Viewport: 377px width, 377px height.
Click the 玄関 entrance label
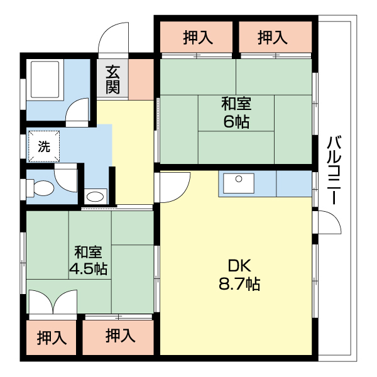tap(112, 80)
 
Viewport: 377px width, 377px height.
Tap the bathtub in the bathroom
tap(45, 80)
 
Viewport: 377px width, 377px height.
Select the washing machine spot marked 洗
tap(44, 146)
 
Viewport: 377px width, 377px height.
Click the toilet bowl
tap(41, 188)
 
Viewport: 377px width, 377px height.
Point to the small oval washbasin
tap(96, 197)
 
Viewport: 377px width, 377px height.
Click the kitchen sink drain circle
tap(239, 179)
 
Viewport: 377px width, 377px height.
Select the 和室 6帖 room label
tap(236, 112)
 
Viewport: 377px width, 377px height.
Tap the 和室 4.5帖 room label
tap(88, 260)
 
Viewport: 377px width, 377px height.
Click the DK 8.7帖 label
tap(239, 275)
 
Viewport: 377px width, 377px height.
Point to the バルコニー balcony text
tap(334, 170)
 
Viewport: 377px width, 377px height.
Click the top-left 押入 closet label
tap(198, 38)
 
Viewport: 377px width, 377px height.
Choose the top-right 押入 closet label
tap(273, 38)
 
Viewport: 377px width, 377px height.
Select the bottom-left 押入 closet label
tap(52, 337)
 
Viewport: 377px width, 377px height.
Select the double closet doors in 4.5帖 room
tap(53, 302)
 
